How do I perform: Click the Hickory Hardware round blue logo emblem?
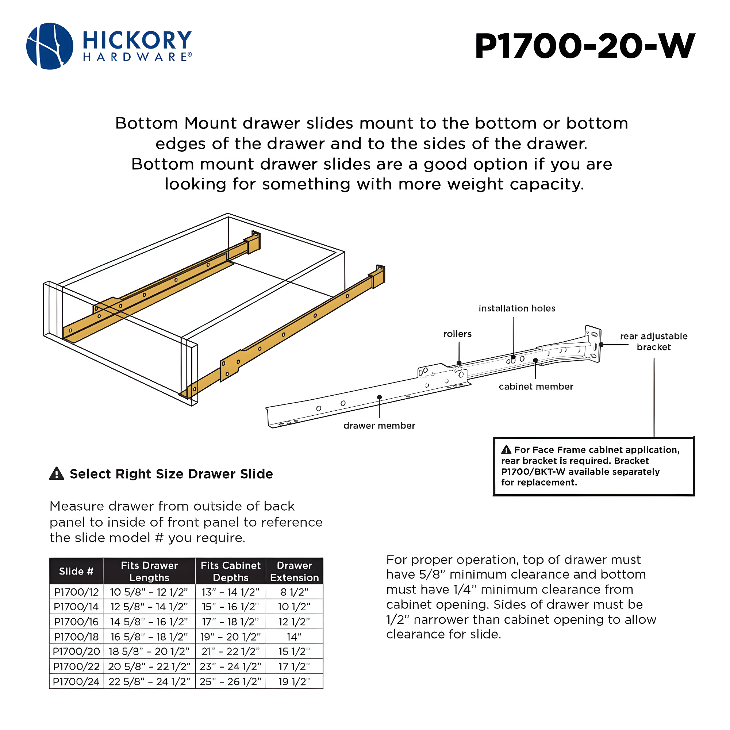pos(50,46)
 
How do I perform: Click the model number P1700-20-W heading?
pos(584,46)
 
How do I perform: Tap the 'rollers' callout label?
pos(457,334)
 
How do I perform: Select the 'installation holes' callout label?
pos(517,308)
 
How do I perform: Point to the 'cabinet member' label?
pos(536,387)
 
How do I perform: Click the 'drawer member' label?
pos(379,426)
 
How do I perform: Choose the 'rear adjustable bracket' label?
pos(654,342)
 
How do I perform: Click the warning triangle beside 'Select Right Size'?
pos(57,474)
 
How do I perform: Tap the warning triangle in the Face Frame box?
pos(506,450)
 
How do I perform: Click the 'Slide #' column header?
pos(76,571)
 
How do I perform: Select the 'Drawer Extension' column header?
pos(294,571)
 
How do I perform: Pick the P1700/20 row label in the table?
pos(76,652)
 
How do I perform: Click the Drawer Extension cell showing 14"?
pos(294,637)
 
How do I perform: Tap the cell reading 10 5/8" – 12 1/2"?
pos(149,592)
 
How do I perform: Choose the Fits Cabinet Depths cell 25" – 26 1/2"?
pos(230,681)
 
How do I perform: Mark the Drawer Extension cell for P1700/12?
pos(294,592)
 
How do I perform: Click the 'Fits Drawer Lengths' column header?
pos(149,571)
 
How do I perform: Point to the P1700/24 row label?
pos(76,681)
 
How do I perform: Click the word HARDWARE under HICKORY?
pos(137,57)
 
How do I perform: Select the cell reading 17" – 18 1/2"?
pos(230,622)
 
